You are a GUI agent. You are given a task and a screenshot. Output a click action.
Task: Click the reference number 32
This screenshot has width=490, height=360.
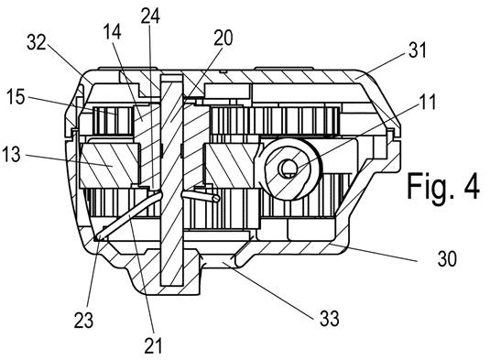coord(37,42)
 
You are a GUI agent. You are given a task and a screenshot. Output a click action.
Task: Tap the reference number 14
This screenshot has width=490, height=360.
coord(112,31)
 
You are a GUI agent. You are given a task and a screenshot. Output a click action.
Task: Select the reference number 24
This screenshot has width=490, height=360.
coord(150,16)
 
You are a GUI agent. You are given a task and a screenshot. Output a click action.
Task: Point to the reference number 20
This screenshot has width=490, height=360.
coord(223,38)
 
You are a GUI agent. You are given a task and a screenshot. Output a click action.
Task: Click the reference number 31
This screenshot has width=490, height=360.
coord(418,50)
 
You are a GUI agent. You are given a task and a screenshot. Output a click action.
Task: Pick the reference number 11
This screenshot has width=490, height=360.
coord(427,102)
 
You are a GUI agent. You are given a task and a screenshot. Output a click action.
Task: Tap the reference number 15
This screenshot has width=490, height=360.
coord(16,96)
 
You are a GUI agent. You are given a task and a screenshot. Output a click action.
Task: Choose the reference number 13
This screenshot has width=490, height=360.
coord(11,155)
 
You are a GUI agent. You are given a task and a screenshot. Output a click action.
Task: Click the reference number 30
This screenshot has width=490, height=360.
coord(447,259)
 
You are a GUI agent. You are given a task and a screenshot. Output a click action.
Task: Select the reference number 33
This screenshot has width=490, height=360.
coord(330,319)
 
